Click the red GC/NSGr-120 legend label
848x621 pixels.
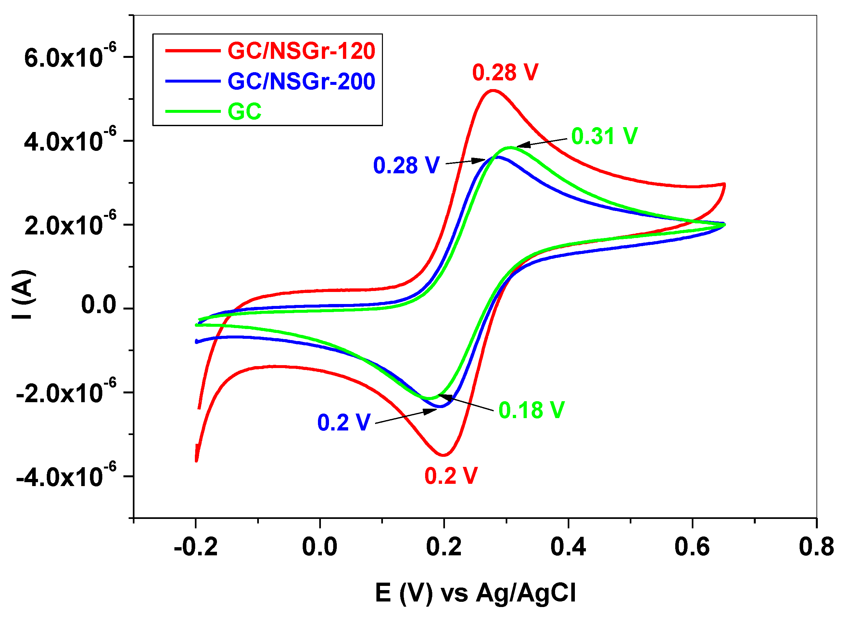[x=301, y=51]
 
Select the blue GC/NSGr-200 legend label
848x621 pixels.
[x=301, y=81]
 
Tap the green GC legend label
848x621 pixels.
[x=245, y=112]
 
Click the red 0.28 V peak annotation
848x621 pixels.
[x=505, y=72]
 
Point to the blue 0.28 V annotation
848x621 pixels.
[x=406, y=165]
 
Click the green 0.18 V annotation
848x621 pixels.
[x=531, y=410]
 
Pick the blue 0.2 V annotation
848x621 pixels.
[x=344, y=423]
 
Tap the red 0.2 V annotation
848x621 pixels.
[x=451, y=476]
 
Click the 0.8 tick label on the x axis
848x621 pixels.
[x=816, y=547]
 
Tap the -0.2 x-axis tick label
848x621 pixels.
[x=196, y=547]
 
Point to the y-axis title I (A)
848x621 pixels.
[x=23, y=295]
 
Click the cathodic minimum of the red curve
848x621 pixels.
[x=444, y=455]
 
